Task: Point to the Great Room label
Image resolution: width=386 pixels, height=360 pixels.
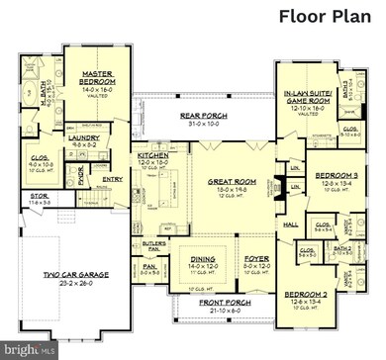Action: [234, 182]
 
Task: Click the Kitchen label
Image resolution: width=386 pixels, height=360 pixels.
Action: [152, 155]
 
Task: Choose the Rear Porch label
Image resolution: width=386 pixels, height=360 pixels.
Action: [203, 115]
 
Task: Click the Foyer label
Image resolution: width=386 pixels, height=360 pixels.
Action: [256, 260]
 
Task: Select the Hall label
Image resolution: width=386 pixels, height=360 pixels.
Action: [291, 225]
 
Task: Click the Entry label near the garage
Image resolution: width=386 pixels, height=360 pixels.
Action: [112, 179]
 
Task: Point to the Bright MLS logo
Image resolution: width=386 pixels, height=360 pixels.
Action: [26, 350]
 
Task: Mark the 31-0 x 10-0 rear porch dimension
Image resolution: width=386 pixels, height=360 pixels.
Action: [203, 124]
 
